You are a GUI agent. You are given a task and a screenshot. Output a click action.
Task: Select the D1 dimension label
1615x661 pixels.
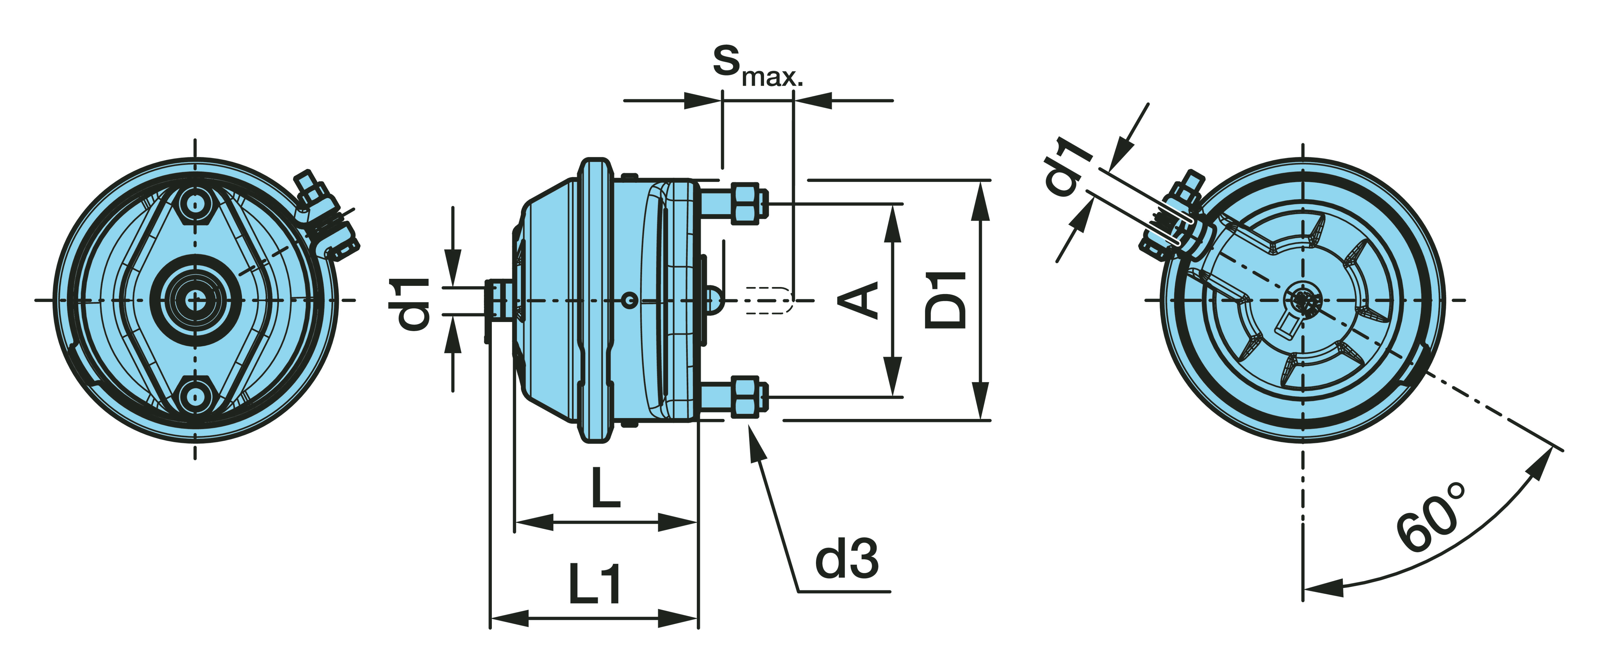(946, 300)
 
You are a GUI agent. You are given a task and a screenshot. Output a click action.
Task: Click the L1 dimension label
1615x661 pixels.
(594, 585)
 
